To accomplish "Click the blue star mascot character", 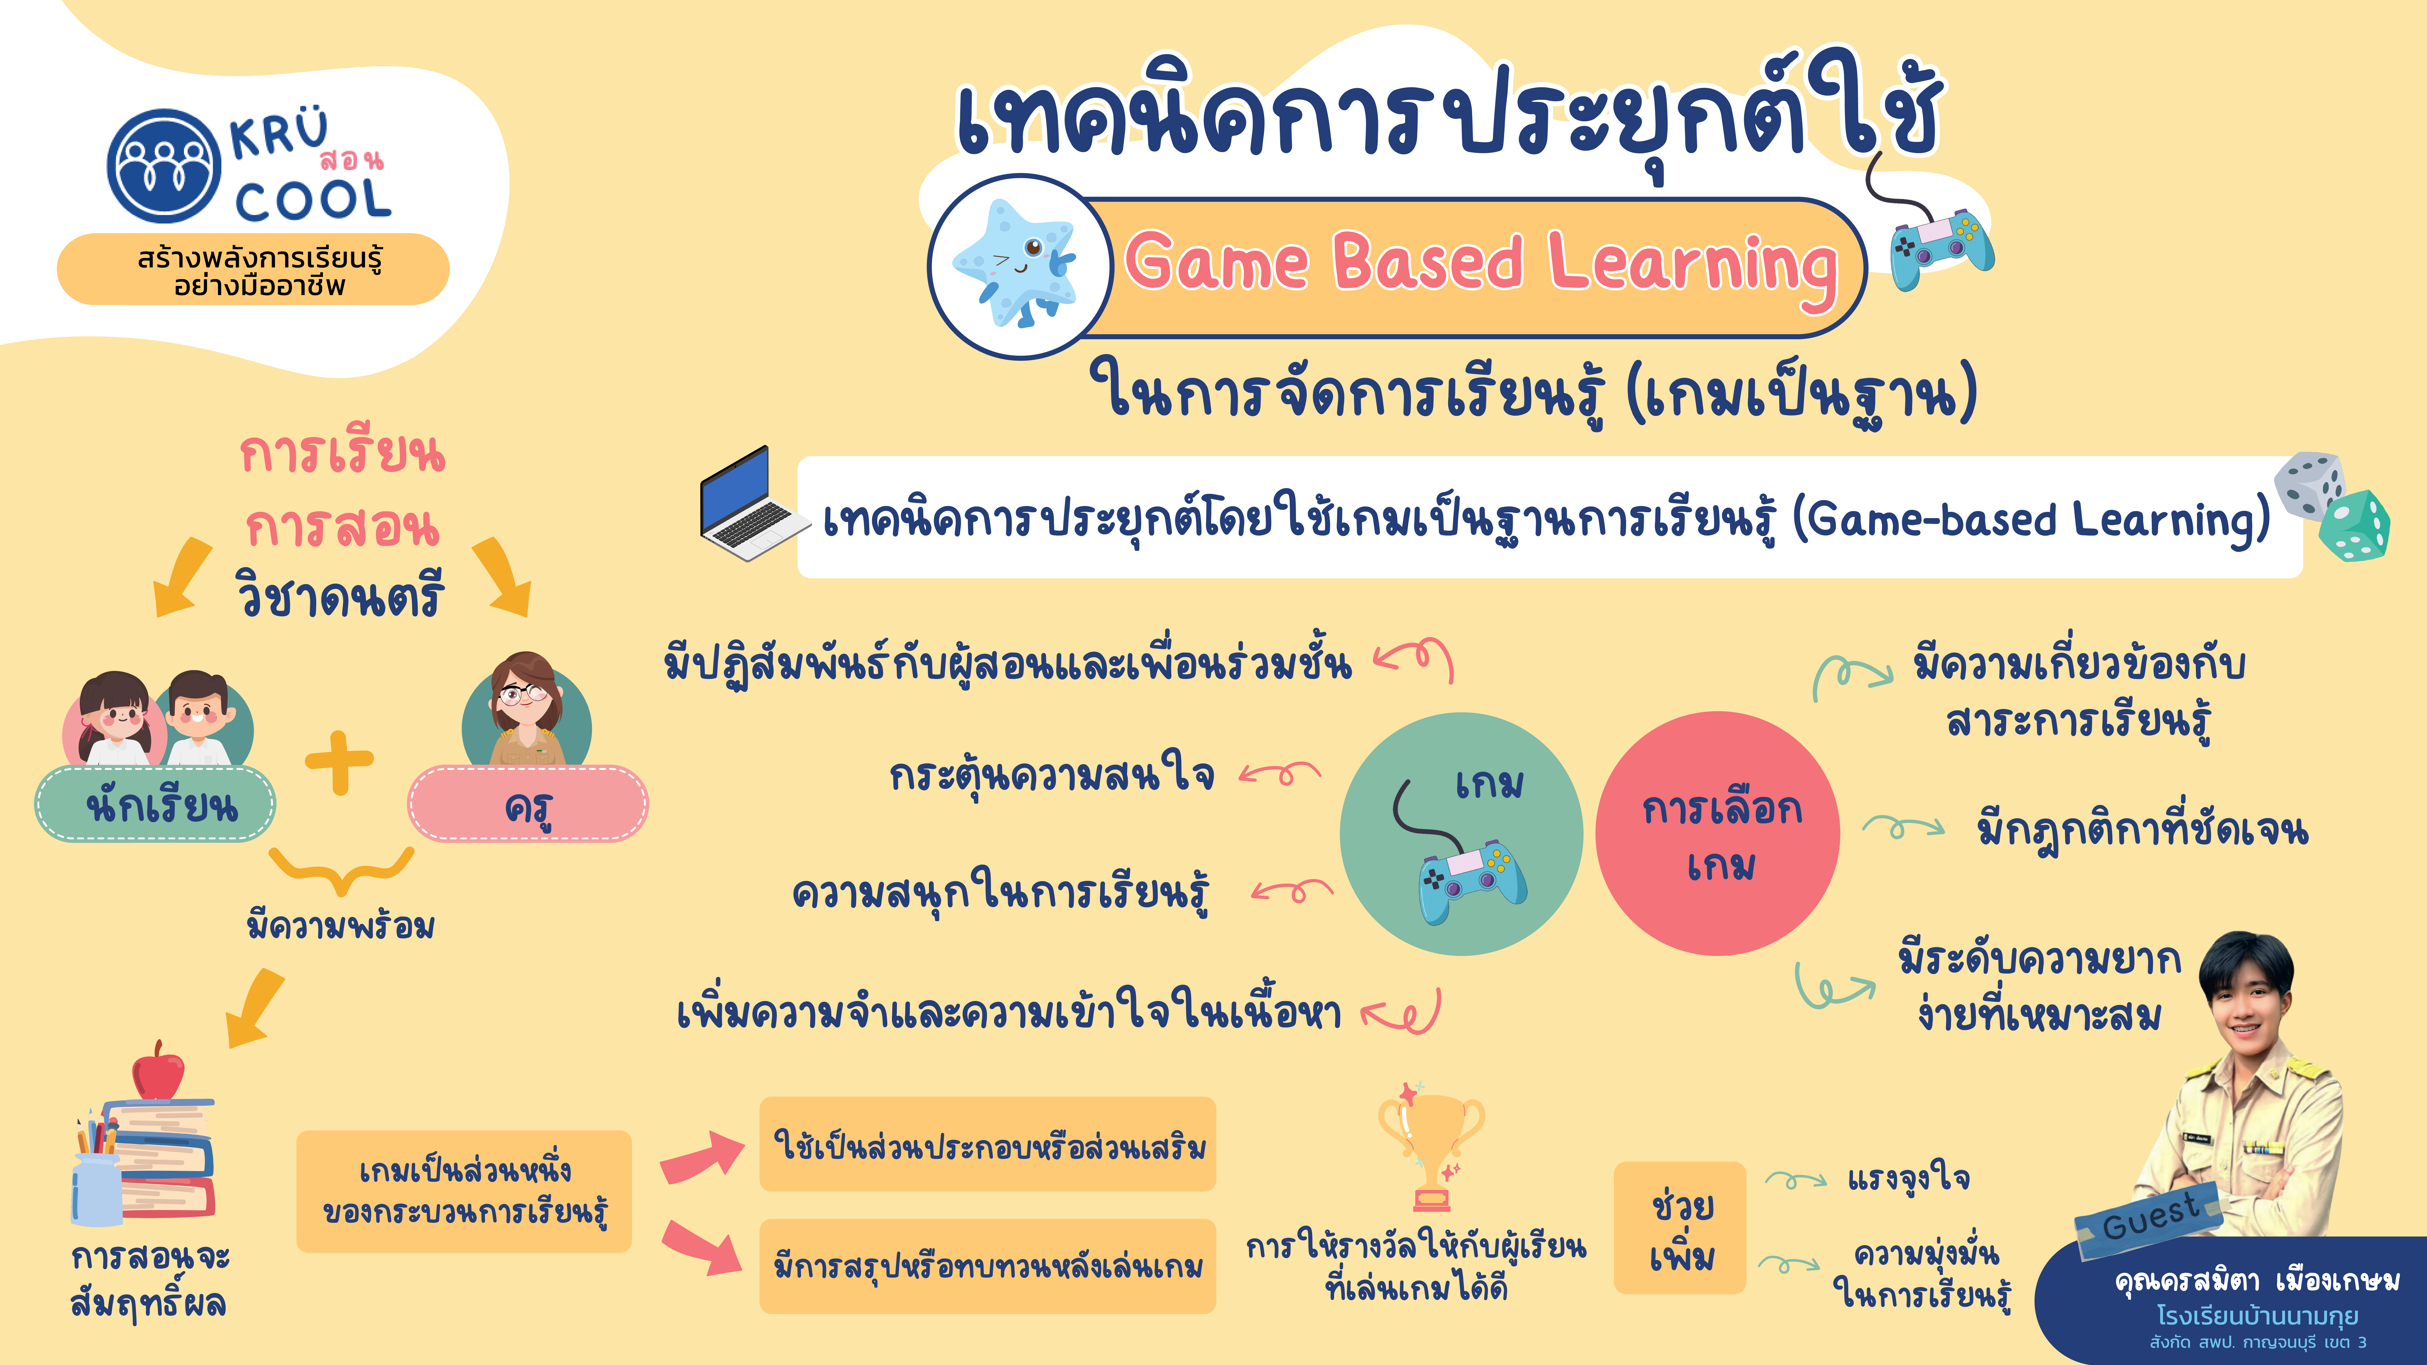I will point(1016,264).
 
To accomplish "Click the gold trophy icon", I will point(1430,1145).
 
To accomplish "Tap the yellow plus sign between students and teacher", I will point(339,761).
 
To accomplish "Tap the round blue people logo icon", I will point(164,167).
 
